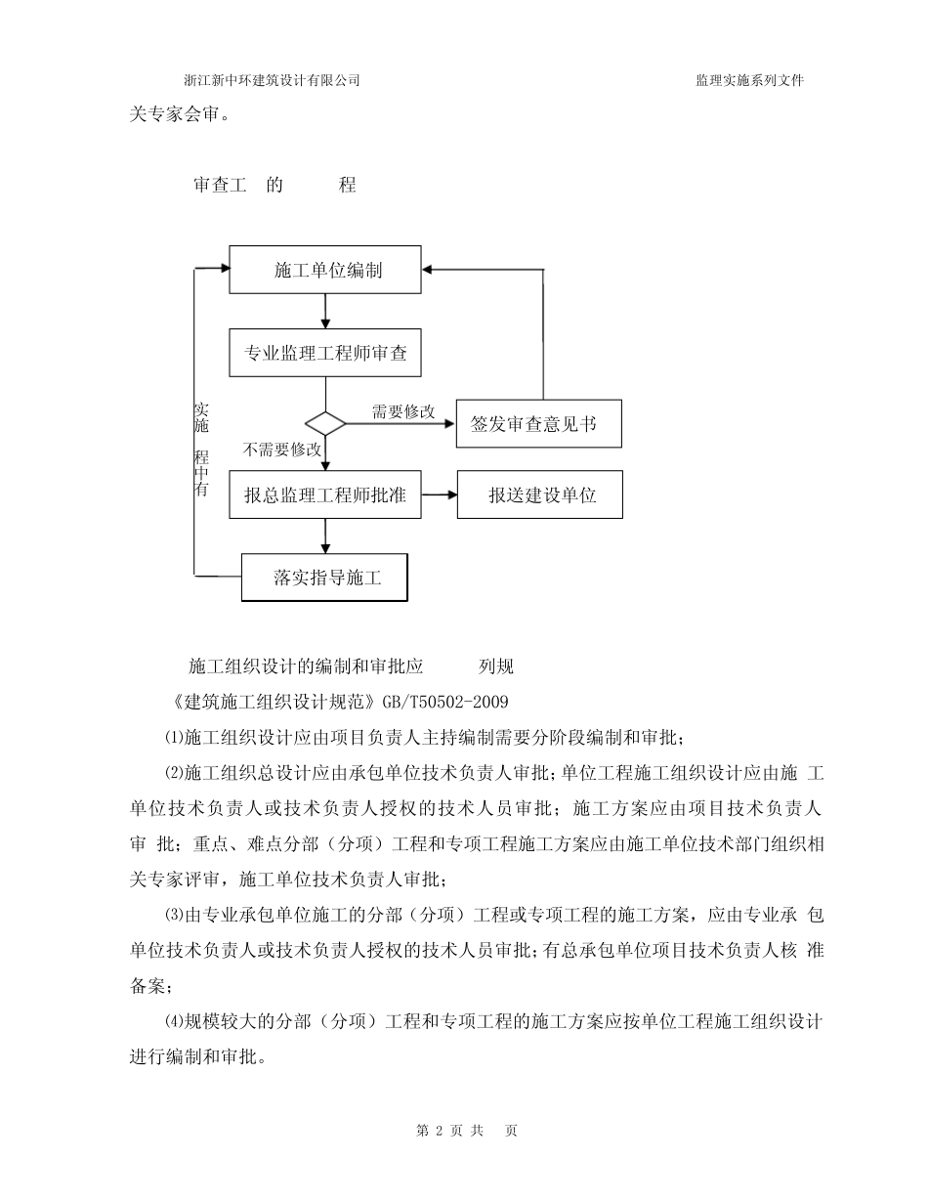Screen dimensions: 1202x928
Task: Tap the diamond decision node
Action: point(325,423)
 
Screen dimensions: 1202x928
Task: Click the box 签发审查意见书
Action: point(538,424)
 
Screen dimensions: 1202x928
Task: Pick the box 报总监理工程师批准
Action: point(324,495)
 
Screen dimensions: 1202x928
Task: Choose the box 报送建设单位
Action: point(540,495)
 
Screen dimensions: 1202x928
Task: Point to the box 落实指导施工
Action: point(324,578)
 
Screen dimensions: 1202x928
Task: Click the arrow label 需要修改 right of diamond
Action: point(402,411)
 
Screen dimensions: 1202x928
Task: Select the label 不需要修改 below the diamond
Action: point(282,450)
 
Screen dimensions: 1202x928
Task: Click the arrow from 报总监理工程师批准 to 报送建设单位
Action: point(440,495)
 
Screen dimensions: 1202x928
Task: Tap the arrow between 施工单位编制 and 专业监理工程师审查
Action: point(325,312)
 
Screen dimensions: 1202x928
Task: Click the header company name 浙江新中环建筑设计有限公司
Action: point(272,81)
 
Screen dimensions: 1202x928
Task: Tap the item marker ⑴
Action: point(173,735)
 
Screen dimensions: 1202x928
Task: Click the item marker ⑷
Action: point(173,1022)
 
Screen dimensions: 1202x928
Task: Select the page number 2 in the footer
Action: point(440,1131)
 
